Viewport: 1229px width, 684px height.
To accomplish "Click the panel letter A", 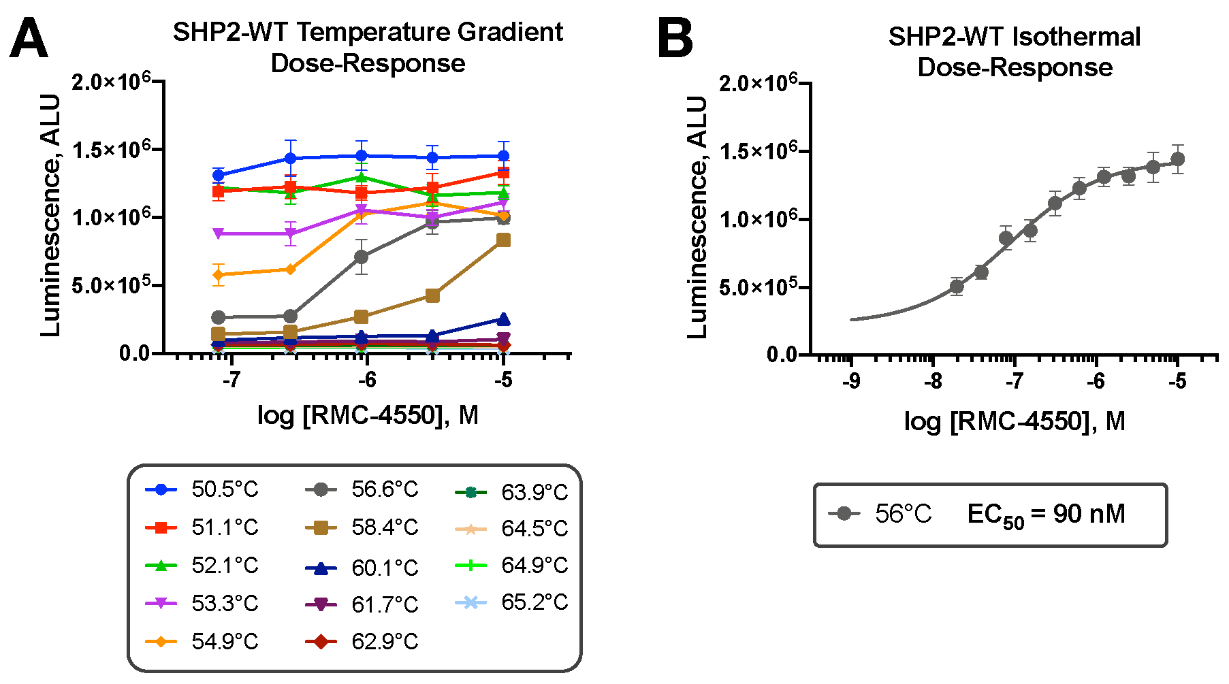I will click(29, 39).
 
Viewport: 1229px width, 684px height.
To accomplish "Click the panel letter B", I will click(675, 39).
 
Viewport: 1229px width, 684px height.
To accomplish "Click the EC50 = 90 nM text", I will click(1046, 515).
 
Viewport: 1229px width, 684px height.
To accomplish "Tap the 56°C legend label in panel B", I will click(903, 514).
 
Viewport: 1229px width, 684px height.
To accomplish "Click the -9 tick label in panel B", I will click(850, 382).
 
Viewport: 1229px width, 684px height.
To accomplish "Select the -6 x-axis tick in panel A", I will click(366, 380).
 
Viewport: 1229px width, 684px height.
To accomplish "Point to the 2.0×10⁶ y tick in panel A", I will click(112, 82).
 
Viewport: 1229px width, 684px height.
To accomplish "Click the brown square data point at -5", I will click(503, 240).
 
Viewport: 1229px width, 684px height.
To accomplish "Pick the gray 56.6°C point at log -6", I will click(362, 257).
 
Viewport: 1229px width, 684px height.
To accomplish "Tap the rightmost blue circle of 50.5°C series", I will click(503, 156).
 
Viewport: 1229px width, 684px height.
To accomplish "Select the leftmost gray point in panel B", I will click(957, 287).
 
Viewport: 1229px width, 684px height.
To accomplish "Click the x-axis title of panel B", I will click(1015, 421).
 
